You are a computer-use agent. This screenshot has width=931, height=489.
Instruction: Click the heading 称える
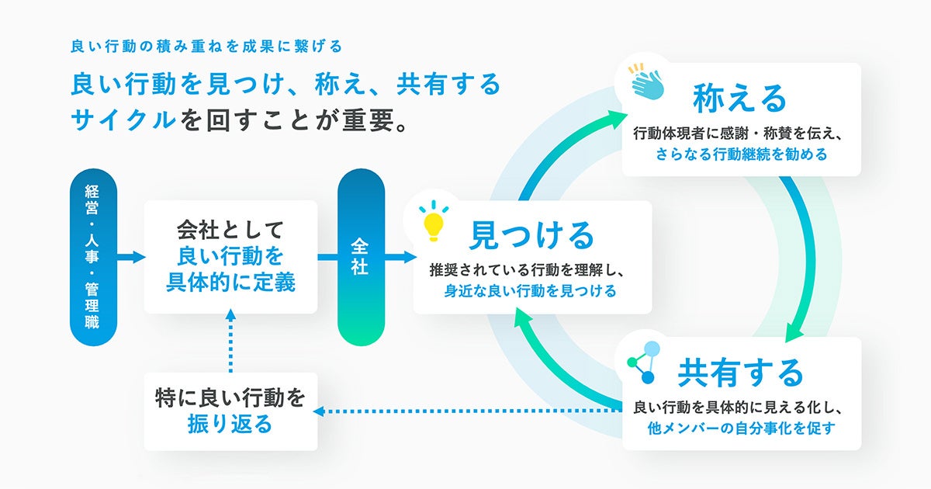[739, 98]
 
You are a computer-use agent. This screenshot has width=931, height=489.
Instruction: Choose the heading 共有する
[740, 373]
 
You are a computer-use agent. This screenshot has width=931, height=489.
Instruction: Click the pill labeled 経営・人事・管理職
[93, 257]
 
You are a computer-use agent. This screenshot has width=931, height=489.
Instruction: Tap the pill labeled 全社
[361, 257]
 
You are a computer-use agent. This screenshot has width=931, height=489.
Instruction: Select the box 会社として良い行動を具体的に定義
[230, 257]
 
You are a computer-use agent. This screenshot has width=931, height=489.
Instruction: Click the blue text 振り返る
[230, 425]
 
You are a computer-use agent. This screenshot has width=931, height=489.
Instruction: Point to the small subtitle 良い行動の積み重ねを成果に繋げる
[206, 46]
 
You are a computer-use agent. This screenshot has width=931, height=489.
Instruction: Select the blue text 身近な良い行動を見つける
[531, 291]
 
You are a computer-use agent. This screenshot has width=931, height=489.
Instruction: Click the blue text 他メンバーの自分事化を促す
[741, 428]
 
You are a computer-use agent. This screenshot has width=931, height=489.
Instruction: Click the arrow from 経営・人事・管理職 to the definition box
[130, 257]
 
